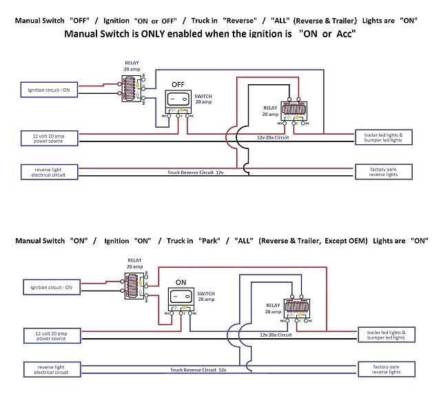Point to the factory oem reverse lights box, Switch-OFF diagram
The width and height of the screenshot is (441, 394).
[x=384, y=170]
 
